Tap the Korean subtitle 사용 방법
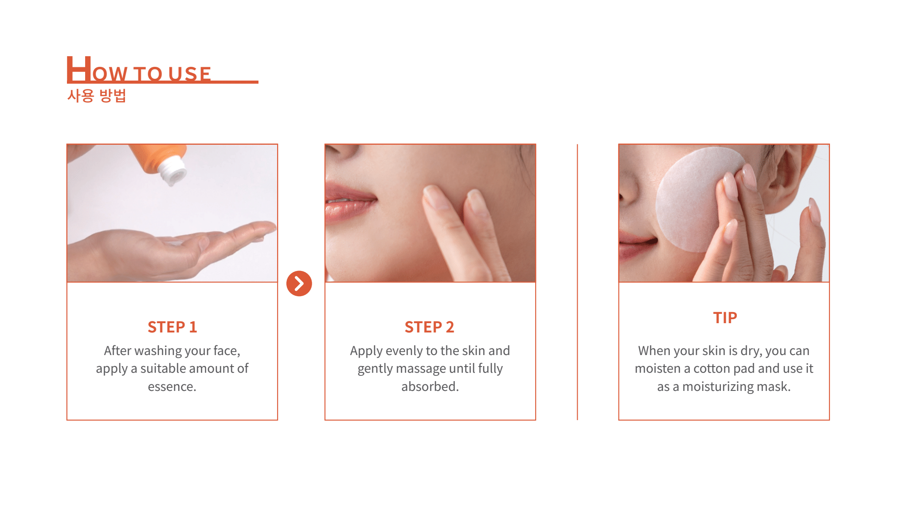coord(97,96)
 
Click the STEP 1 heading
coord(172,327)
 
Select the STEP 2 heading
coord(429,327)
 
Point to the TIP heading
coord(725,318)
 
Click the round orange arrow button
coord(299,283)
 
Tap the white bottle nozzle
coord(173,173)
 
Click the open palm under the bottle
coord(177,248)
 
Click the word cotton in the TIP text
coord(712,369)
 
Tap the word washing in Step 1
coord(158,351)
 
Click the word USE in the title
coord(190,74)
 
